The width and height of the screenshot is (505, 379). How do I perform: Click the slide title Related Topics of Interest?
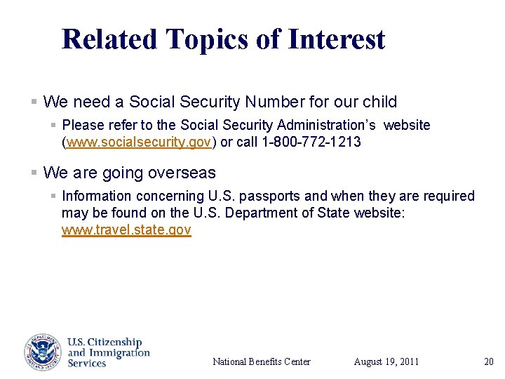pyautogui.click(x=223, y=39)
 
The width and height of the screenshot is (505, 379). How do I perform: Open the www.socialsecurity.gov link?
pyautogui.click(x=139, y=142)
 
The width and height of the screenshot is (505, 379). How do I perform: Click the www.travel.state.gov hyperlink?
pyautogui.click(x=126, y=230)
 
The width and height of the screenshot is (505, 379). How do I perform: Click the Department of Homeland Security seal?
pyautogui.click(x=43, y=352)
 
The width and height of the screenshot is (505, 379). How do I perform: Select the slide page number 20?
pyautogui.click(x=489, y=362)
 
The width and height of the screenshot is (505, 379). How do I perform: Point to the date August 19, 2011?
pyautogui.click(x=386, y=362)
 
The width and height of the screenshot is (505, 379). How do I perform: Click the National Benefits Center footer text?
pyautogui.click(x=261, y=362)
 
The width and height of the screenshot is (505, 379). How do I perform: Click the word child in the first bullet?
pyautogui.click(x=379, y=102)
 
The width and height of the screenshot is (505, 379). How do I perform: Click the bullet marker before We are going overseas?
pyautogui.click(x=34, y=173)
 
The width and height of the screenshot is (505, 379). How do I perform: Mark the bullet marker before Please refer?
pyautogui.click(x=53, y=125)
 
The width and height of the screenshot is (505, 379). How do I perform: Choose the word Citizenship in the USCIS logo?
pyautogui.click(x=112, y=343)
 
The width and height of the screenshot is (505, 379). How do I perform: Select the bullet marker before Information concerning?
pyautogui.click(x=53, y=196)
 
